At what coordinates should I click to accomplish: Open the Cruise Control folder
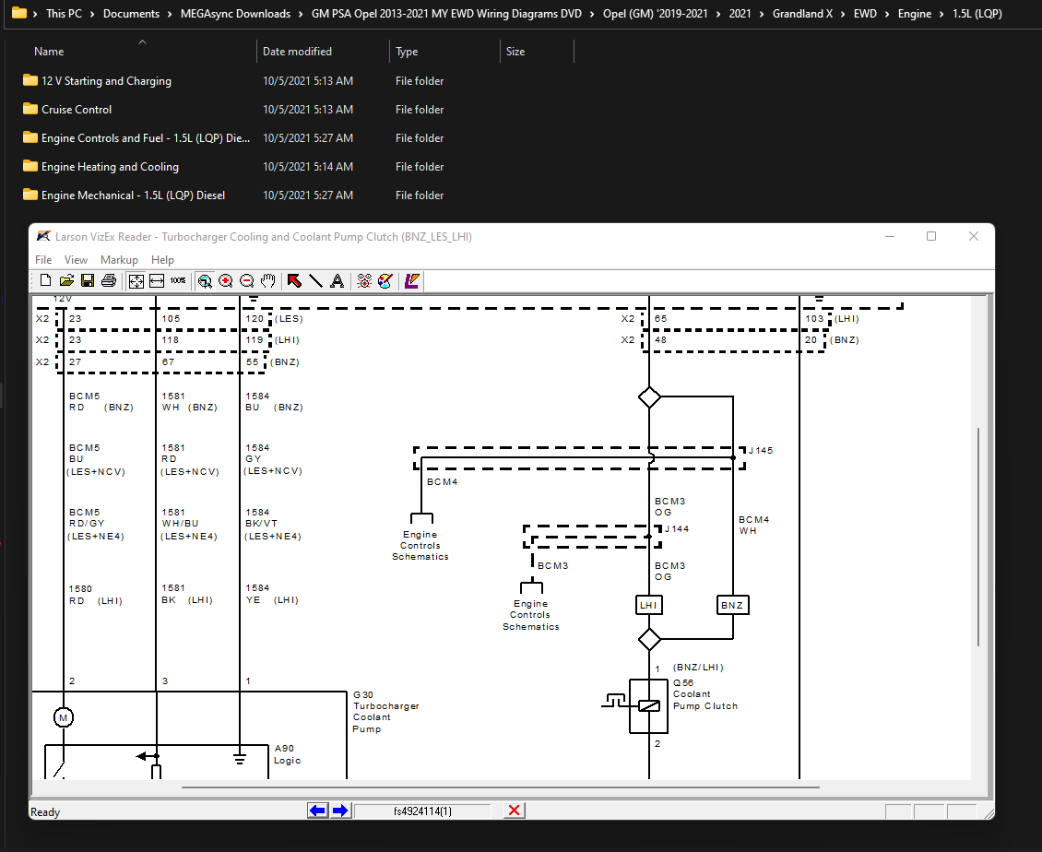click(x=77, y=110)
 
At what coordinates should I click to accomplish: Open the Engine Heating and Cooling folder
click(x=110, y=167)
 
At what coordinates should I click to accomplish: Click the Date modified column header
click(x=297, y=51)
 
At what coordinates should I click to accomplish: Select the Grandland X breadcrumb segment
click(x=802, y=13)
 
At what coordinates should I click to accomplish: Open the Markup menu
click(x=119, y=260)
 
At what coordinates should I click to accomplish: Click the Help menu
click(x=162, y=260)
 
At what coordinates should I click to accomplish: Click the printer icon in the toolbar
click(x=108, y=281)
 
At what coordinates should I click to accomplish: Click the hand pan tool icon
click(x=267, y=281)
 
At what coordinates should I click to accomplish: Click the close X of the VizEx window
click(x=974, y=237)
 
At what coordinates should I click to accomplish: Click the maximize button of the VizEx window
click(x=931, y=237)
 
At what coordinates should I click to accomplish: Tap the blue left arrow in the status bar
click(x=317, y=811)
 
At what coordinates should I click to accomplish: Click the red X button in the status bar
click(x=514, y=811)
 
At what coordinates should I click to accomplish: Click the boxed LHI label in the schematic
click(x=648, y=606)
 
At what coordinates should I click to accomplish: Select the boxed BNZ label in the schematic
click(x=732, y=606)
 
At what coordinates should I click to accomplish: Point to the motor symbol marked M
click(x=63, y=717)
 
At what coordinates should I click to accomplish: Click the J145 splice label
click(x=761, y=451)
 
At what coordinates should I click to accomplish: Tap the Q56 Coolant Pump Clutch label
click(x=705, y=694)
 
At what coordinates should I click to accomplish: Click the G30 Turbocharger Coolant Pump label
click(x=386, y=712)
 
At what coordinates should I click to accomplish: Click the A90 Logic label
click(x=287, y=754)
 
